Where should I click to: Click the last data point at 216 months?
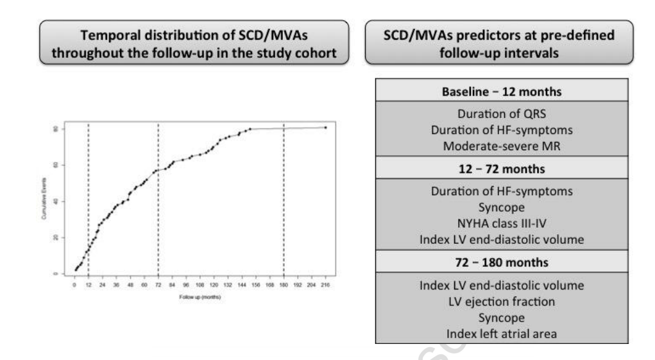point(325,127)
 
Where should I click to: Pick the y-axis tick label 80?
point(57,129)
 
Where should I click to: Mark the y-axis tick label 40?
point(57,201)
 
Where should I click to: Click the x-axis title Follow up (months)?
point(200,298)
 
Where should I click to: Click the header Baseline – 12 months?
point(501,92)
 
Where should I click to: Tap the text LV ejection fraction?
point(501,302)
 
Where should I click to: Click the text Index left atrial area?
point(501,332)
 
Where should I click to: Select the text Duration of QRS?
point(501,116)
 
